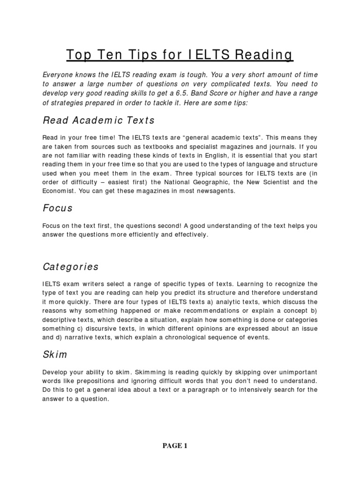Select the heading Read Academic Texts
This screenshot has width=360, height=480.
click(98, 120)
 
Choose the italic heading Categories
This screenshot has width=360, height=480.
click(71, 267)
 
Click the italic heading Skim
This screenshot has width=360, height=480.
click(55, 353)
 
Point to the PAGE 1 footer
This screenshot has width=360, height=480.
click(174, 446)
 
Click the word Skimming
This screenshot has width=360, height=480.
click(154, 371)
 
